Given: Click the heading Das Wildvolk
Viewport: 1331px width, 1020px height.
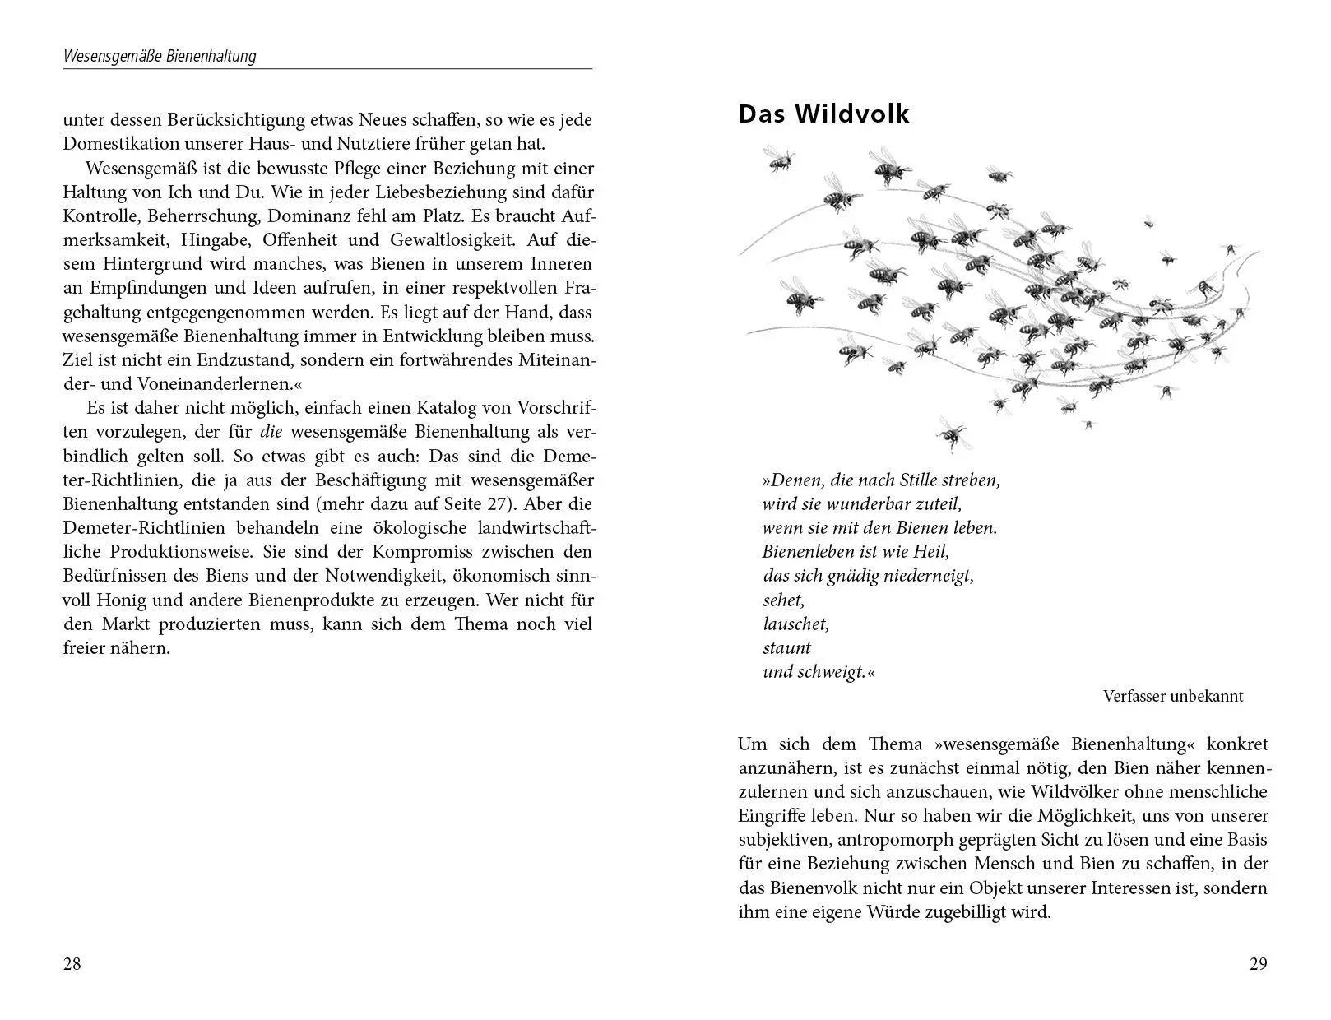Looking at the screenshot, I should pos(823,114).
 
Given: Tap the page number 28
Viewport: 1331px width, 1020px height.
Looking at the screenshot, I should pos(72,964).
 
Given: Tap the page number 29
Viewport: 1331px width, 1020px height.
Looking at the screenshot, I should pos(1259,964).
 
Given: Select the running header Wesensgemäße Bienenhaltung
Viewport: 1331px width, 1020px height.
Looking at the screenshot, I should pos(160,56).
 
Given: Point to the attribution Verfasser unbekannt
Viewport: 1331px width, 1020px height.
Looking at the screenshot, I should pos(1173,697).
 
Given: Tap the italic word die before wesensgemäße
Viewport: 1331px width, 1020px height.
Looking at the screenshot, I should pos(271,432).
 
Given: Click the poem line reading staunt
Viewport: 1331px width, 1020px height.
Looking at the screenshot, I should pos(787,647).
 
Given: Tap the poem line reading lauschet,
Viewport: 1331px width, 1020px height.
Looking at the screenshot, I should pos(795,624).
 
